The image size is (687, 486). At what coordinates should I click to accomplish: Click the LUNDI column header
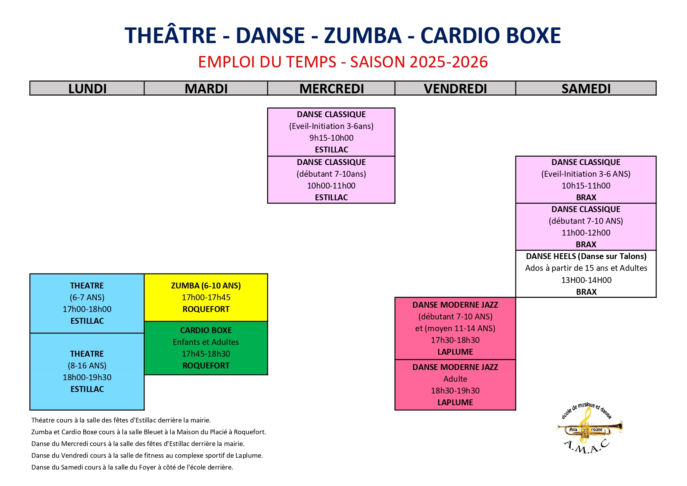87,89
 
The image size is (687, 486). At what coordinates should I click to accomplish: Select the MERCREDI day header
331,89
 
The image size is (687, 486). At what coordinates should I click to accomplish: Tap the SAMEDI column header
586,89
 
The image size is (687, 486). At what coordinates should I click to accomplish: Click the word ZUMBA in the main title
363,35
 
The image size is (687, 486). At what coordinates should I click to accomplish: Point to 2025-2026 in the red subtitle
448,62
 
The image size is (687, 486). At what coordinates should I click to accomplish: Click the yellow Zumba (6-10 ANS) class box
206,297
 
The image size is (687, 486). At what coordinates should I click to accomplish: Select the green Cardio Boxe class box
206,348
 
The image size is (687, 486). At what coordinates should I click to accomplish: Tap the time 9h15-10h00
331,138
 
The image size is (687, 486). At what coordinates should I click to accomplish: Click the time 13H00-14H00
586,280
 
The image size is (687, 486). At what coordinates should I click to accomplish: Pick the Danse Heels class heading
586,256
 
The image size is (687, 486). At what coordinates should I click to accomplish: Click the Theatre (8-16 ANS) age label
87,366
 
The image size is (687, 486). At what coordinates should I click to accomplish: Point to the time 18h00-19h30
87,377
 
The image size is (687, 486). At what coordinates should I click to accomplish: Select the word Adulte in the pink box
455,379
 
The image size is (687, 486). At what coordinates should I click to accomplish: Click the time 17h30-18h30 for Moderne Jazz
455,340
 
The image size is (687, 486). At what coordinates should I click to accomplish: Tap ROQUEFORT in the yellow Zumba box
206,309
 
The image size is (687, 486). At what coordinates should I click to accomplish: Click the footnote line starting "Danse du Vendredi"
147,455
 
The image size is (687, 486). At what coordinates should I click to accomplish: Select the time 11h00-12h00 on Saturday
586,233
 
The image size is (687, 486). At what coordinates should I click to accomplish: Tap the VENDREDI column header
455,89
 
